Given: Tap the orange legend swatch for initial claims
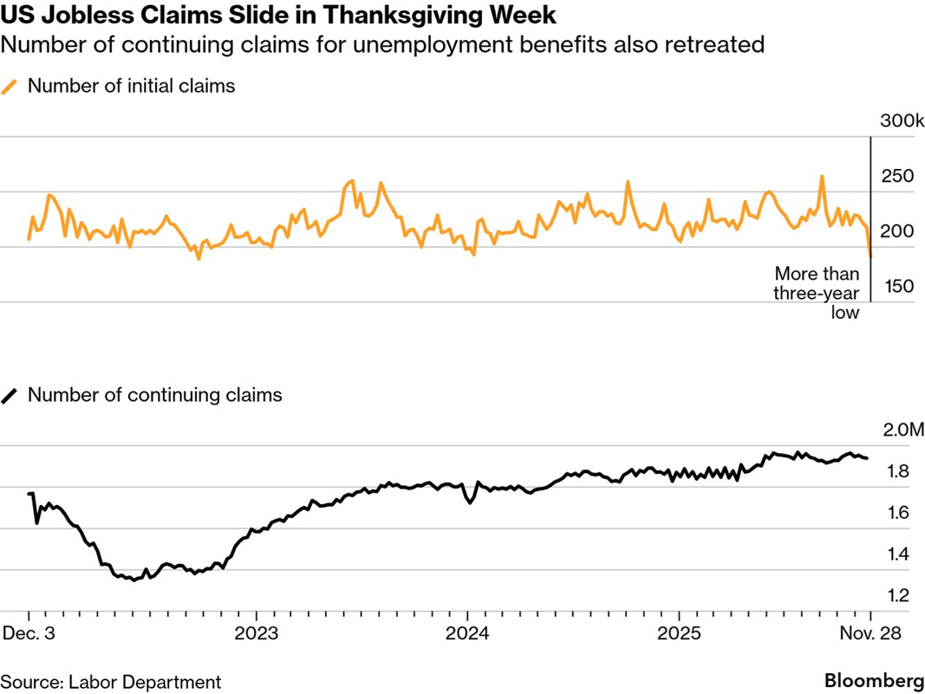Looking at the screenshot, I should pyautogui.click(x=10, y=86).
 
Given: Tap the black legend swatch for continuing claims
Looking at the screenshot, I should pyautogui.click(x=10, y=395).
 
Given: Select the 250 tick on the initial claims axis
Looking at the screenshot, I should pyautogui.click(x=897, y=177).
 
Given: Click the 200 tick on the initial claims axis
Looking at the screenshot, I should pyautogui.click(x=897, y=231).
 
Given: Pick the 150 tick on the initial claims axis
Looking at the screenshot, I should pyautogui.click(x=897, y=287).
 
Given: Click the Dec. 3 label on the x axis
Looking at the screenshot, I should pyautogui.click(x=29, y=632).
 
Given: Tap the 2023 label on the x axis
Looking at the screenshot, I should pyautogui.click(x=257, y=632).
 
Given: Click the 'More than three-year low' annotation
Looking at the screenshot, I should pyautogui.click(x=817, y=293).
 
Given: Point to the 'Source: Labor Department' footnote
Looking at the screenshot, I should pyautogui.click(x=110, y=682).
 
